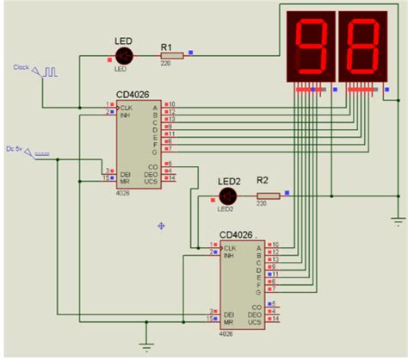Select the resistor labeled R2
268,197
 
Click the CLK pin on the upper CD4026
126,106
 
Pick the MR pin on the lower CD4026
229,319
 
